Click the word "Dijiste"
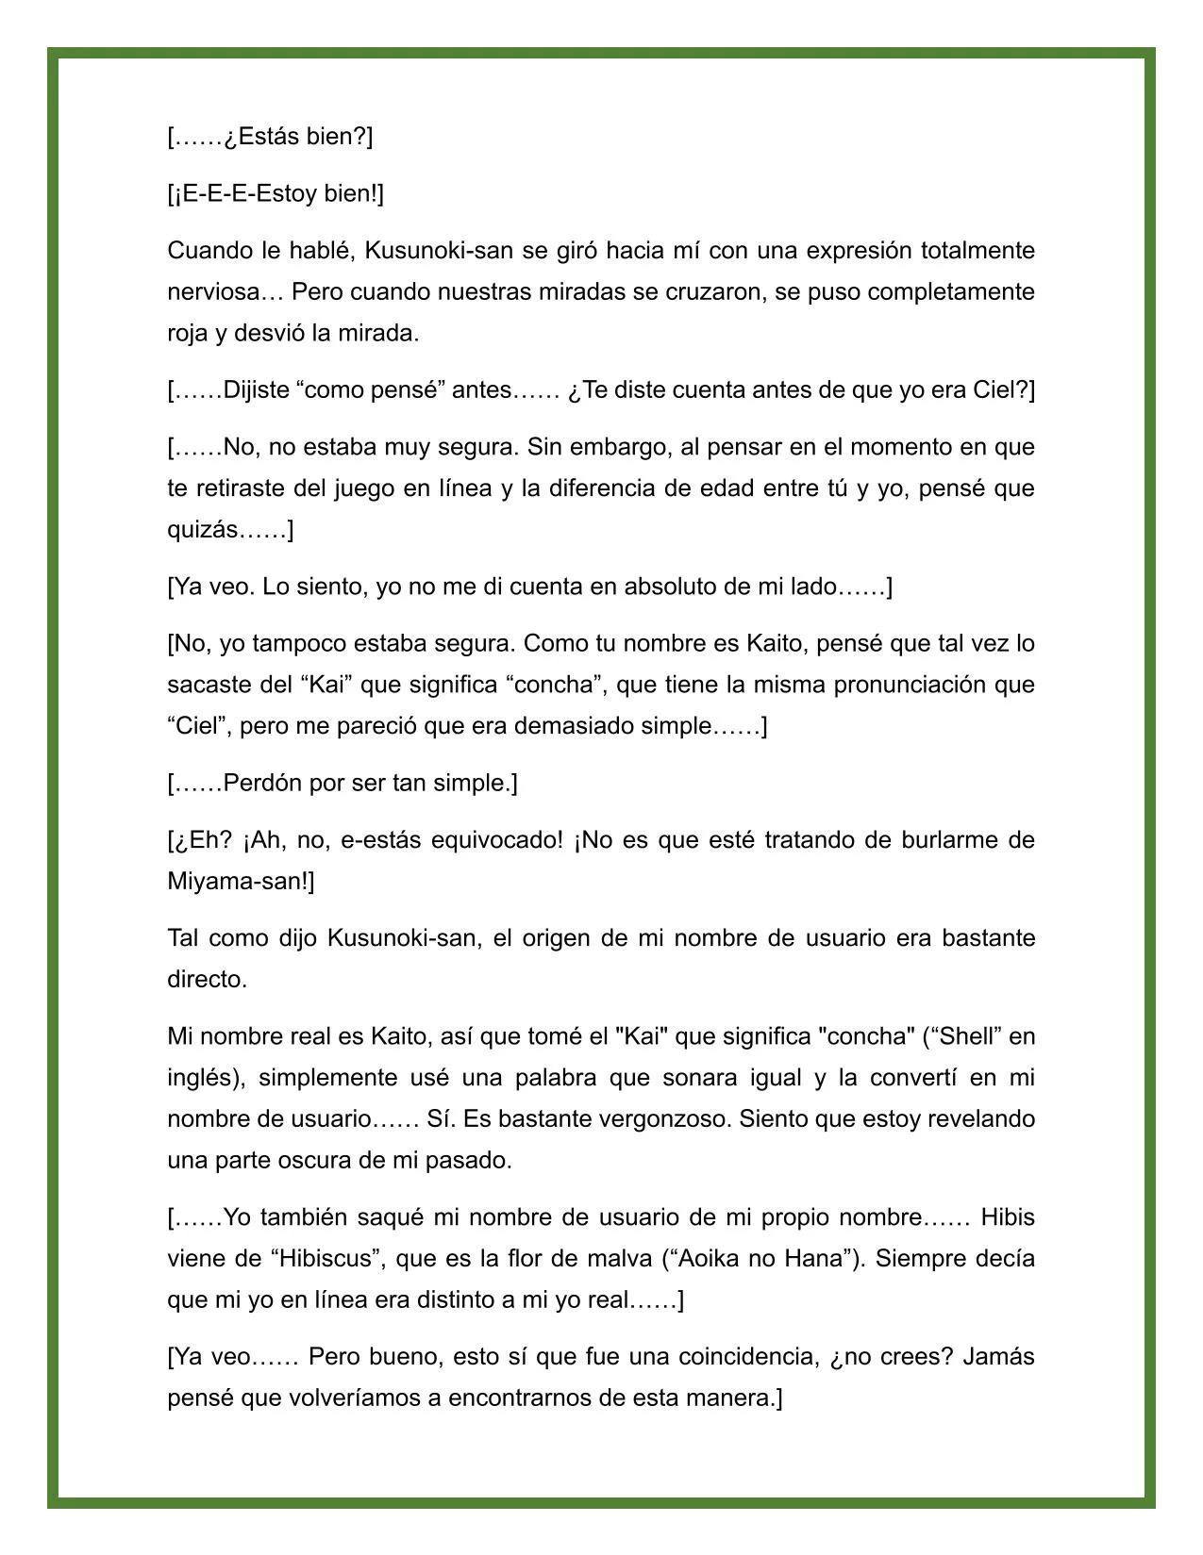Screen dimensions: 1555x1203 pyautogui.click(x=256, y=389)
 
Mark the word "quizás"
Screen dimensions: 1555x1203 pyautogui.click(x=202, y=529)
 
